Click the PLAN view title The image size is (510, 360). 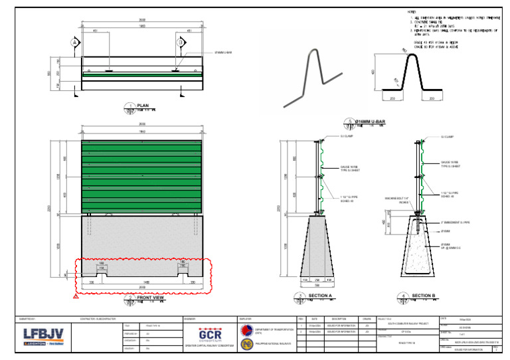pos(142,106)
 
